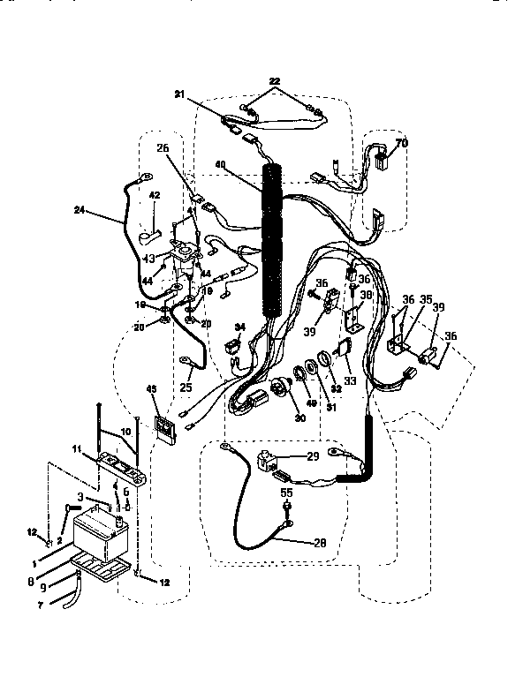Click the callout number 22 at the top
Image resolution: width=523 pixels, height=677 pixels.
[276, 80]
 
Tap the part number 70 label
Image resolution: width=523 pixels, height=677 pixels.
[401, 143]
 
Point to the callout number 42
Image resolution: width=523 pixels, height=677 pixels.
[154, 195]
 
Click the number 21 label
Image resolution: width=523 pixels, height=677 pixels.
[180, 95]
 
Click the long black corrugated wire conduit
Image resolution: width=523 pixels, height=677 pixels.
[273, 238]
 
